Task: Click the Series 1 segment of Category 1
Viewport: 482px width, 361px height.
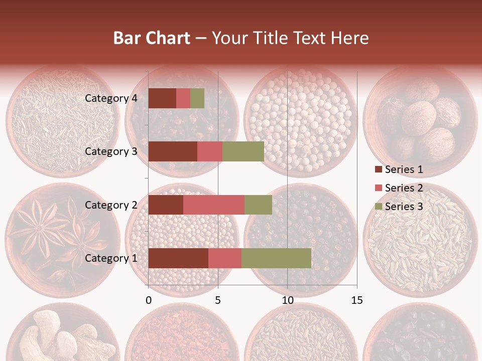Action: tap(178, 258)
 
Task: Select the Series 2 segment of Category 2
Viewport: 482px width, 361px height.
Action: tap(214, 205)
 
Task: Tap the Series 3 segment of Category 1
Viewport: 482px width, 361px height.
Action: tap(276, 258)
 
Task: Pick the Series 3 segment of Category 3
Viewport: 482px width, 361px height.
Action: tap(243, 151)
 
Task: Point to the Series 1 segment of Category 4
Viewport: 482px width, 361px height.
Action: tap(162, 98)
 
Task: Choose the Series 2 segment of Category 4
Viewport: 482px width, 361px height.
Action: tap(183, 98)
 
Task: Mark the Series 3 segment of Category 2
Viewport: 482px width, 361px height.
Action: tap(258, 205)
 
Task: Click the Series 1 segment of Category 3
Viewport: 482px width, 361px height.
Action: tap(173, 151)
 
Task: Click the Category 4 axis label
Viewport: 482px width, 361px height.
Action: tap(111, 98)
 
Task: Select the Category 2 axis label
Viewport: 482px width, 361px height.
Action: tap(111, 205)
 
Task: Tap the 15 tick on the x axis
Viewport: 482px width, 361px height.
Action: tap(356, 300)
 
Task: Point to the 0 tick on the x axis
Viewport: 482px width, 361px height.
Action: tap(149, 300)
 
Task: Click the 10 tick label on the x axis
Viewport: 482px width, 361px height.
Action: tap(287, 300)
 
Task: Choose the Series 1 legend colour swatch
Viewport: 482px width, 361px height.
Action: tap(378, 170)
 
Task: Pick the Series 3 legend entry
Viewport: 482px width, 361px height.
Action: tap(399, 207)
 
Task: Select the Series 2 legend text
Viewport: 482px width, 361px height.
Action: tap(404, 188)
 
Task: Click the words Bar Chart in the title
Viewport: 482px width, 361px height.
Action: tap(152, 38)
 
